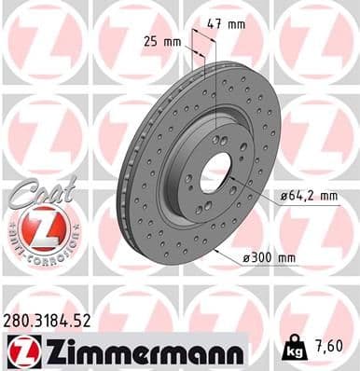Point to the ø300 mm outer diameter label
point(273,257)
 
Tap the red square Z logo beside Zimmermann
point(21,351)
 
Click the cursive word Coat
point(35,191)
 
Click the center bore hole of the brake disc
point(217,171)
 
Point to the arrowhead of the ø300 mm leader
point(216,249)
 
